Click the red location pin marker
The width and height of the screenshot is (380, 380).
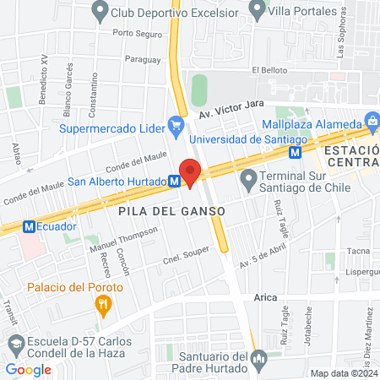(x=190, y=174)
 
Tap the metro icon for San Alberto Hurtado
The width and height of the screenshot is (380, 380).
(x=173, y=181)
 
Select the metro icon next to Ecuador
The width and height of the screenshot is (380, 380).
(x=29, y=226)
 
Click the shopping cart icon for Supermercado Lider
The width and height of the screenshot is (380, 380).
(x=176, y=128)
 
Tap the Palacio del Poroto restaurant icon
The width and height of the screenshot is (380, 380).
(x=104, y=304)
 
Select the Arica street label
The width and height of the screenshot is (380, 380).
(x=267, y=298)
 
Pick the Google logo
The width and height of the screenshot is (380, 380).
(x=28, y=369)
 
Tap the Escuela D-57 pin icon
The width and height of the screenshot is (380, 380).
(x=16, y=345)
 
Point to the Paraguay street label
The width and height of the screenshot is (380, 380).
(x=141, y=59)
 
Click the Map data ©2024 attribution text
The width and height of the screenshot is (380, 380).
(x=344, y=373)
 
